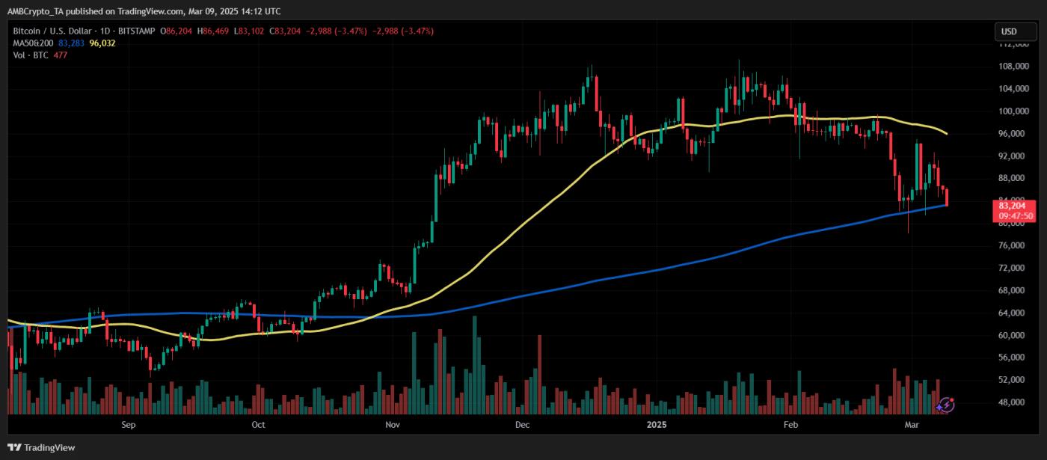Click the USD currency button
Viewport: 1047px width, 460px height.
tap(1009, 31)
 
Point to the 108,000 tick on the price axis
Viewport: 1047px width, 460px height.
tap(1017, 66)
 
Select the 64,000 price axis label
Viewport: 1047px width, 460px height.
tap(1017, 313)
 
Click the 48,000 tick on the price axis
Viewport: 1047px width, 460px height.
tap(1017, 402)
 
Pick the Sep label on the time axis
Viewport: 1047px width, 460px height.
tap(128, 425)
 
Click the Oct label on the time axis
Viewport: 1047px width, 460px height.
tap(258, 425)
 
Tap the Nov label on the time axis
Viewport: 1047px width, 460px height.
tap(391, 425)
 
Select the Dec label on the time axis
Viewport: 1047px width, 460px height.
tap(522, 425)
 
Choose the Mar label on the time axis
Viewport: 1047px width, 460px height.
tap(912, 425)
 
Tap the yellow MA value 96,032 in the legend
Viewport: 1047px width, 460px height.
tap(102, 43)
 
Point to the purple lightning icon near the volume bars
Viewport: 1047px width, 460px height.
tap(945, 405)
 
